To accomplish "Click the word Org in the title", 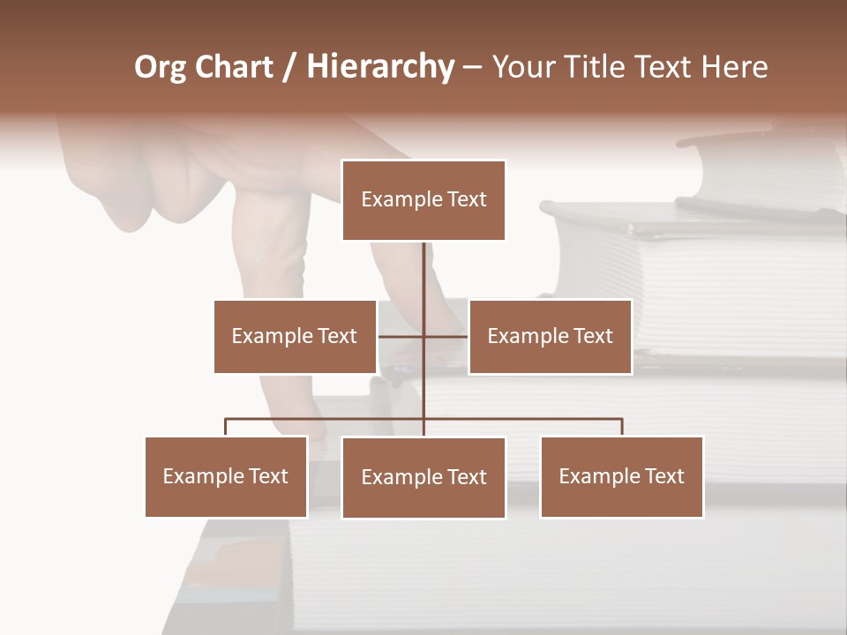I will (x=160, y=67).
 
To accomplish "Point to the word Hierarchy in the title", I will (x=380, y=67).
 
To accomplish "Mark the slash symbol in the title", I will (x=289, y=67).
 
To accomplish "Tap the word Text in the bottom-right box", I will (x=663, y=476).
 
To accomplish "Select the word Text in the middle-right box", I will (x=592, y=336).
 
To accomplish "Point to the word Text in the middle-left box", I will (x=336, y=336).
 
